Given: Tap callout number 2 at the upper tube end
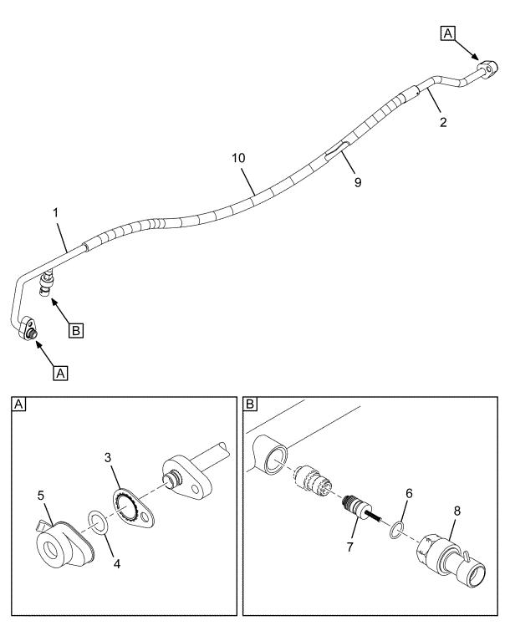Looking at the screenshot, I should (x=443, y=122).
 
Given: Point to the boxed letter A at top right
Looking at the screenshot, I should (x=447, y=33).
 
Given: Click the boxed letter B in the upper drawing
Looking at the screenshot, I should (x=75, y=331).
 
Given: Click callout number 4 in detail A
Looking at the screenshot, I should (x=118, y=564).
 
